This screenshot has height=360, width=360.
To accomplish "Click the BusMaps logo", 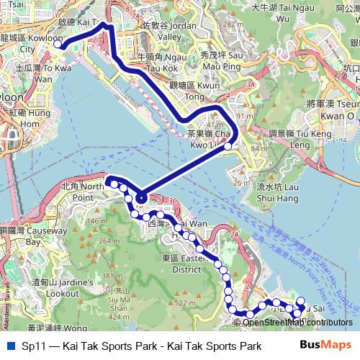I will click(x=327, y=346).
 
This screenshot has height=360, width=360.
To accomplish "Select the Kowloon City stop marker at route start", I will click(x=58, y=44).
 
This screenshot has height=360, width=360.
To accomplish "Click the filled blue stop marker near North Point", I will click(x=142, y=198).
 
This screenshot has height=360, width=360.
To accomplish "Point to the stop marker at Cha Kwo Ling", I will click(x=228, y=145).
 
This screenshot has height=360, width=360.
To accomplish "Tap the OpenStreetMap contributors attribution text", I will click(x=297, y=323).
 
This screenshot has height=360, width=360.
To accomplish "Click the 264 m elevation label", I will click(x=89, y=240).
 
